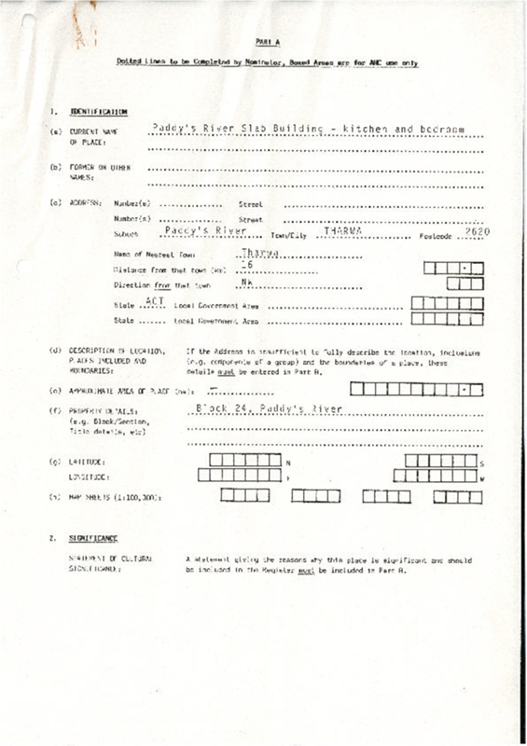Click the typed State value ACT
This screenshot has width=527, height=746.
coord(156,301)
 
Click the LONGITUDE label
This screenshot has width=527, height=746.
coord(88,478)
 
